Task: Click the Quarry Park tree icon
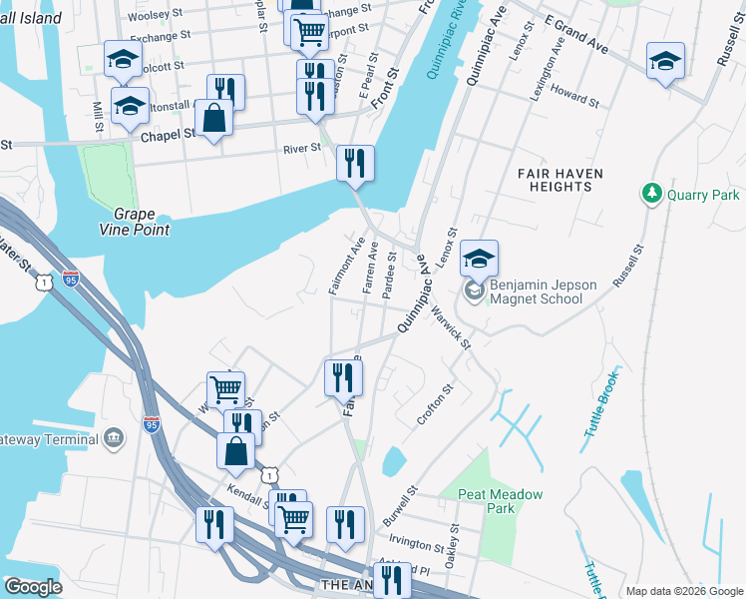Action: point(651,193)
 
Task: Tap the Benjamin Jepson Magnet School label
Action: point(543,292)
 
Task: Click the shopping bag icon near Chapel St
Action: point(214,118)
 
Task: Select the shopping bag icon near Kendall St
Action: point(235,450)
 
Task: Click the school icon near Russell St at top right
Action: point(665,60)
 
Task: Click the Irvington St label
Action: point(417,545)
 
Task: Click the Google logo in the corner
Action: point(33,587)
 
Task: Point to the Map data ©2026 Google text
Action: point(684,591)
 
